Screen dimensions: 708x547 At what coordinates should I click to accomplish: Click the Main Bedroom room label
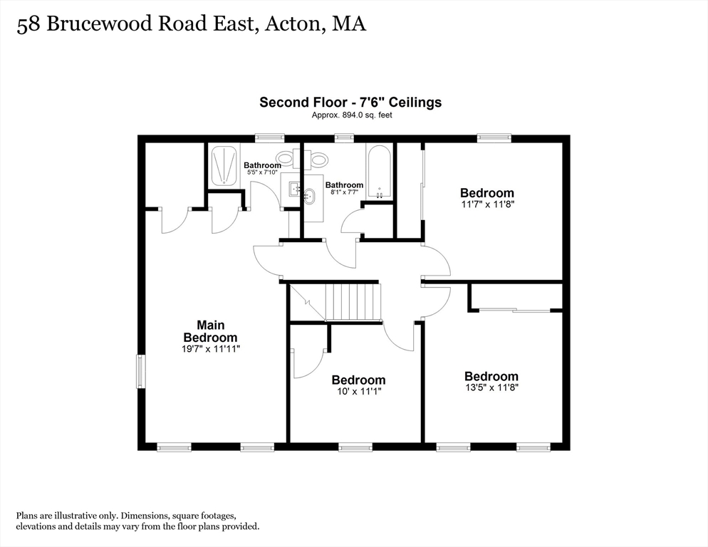coord(210,331)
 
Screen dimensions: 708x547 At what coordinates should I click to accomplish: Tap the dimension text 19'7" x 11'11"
coord(210,349)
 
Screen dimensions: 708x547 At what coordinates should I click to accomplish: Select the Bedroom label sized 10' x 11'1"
coord(358,380)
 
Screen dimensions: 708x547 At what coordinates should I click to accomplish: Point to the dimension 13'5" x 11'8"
coord(491,387)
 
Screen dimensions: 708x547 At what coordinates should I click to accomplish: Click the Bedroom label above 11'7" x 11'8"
coord(487,193)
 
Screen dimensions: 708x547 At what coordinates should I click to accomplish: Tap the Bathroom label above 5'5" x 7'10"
coord(262,165)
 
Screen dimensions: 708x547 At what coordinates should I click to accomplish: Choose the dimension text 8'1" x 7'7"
coord(345,192)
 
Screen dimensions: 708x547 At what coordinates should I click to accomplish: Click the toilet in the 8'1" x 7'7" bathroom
coord(316,157)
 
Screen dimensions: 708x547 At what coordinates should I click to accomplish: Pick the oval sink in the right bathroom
coord(309,197)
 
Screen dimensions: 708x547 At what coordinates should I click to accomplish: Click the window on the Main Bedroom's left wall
coord(141,371)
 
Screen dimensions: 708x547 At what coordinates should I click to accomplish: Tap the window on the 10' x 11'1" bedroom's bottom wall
coord(355,447)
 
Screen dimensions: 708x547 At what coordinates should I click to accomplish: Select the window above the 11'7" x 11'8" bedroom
coord(494,137)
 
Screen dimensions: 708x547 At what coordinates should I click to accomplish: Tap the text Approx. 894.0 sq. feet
coord(352,115)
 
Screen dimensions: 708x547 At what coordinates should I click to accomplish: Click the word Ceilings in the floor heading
coord(416,102)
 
